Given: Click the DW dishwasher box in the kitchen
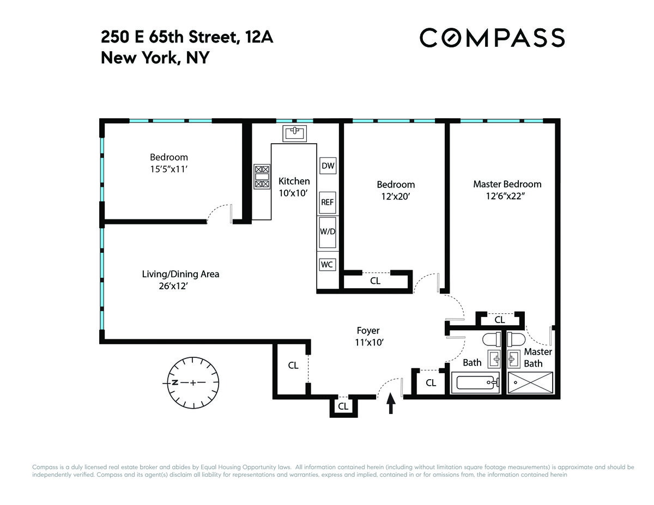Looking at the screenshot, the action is (x=328, y=166).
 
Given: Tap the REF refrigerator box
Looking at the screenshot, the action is (x=328, y=203).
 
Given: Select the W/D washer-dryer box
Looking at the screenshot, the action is (x=328, y=232).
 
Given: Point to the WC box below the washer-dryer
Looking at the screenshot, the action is (x=328, y=265).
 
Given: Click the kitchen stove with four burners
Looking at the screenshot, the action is (x=262, y=177).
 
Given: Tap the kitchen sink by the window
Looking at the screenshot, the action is (x=294, y=133).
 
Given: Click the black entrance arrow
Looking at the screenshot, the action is (x=391, y=403).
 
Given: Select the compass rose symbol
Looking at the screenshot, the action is (x=193, y=382).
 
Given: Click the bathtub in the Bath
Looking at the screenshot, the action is (x=475, y=382).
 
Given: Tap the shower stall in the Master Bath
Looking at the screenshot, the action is (x=530, y=382).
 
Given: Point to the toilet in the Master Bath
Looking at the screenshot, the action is (x=516, y=339).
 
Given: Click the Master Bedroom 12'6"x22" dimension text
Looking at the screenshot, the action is (x=505, y=197).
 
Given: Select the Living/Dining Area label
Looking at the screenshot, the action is (x=180, y=274).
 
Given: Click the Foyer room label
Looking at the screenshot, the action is (x=368, y=330).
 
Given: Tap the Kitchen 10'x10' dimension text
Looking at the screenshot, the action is (x=293, y=193).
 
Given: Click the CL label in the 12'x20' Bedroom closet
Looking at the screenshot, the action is (x=376, y=281).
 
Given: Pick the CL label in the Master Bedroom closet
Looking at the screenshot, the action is (x=500, y=320).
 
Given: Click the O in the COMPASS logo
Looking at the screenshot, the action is (x=450, y=38).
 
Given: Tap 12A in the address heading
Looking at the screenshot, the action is (x=259, y=37).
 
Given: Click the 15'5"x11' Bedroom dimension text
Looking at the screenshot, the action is (x=169, y=169).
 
